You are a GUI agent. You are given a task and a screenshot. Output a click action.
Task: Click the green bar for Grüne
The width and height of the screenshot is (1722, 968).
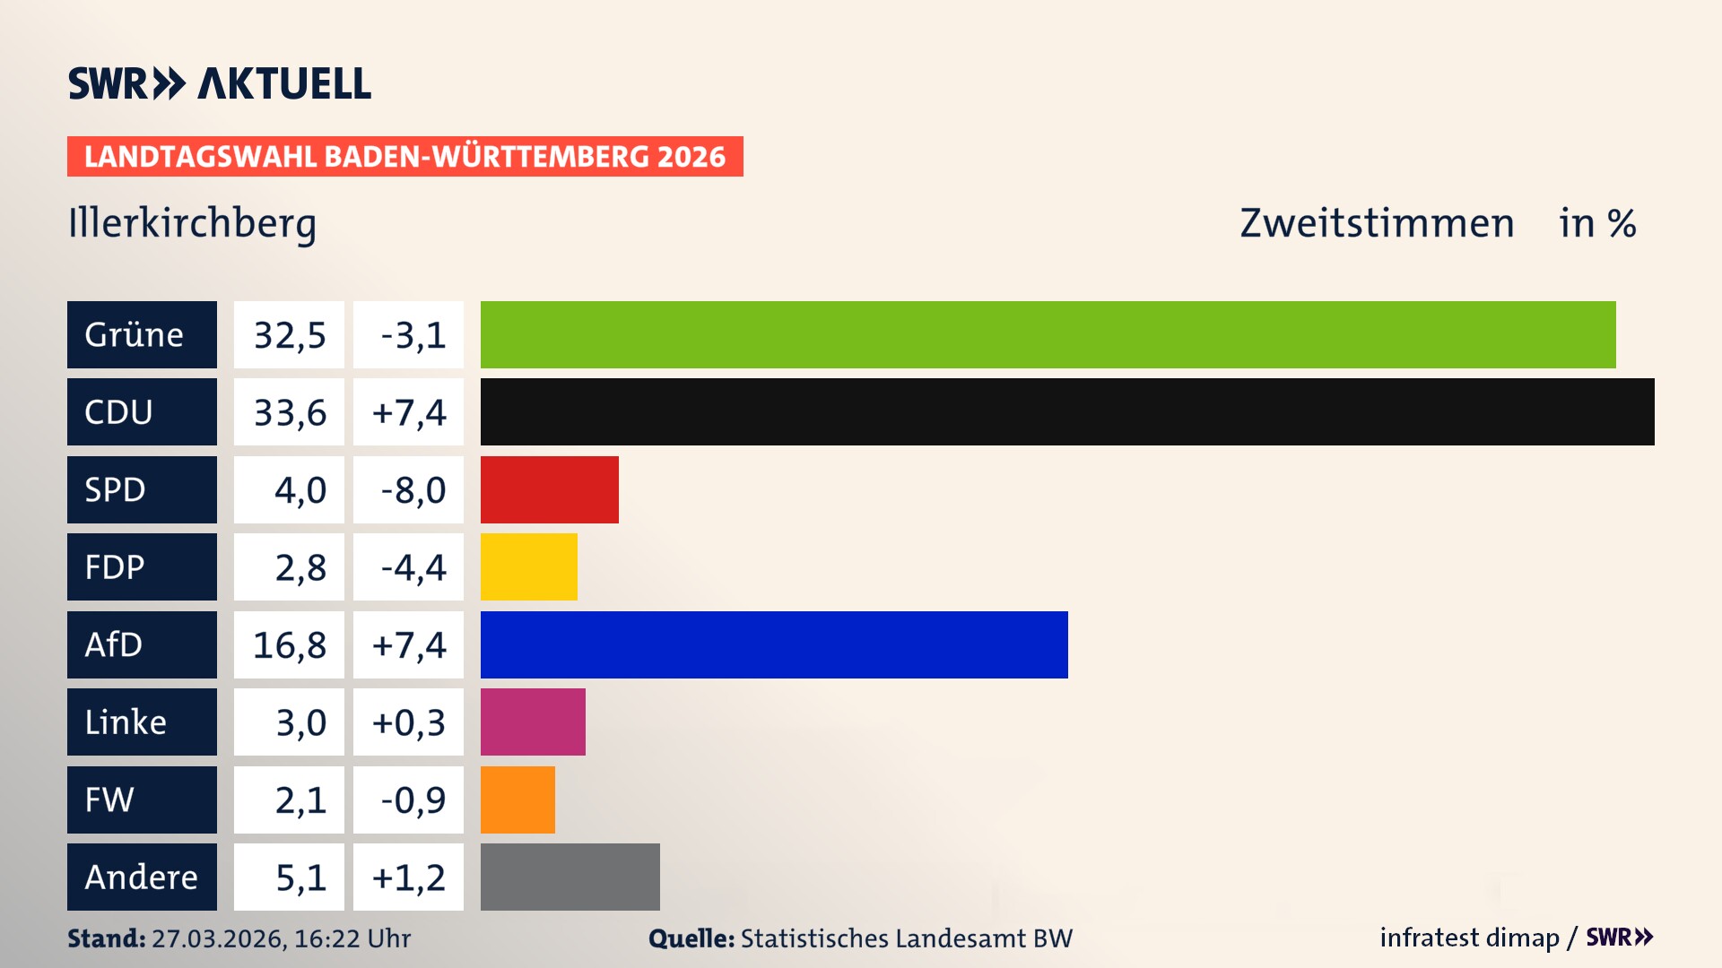pyautogui.click(x=1048, y=334)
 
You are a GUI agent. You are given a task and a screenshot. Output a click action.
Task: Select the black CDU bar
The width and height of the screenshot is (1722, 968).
pyautogui.click(x=1067, y=411)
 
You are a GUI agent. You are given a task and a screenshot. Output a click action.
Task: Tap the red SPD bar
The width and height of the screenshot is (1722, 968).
pyautogui.click(x=549, y=489)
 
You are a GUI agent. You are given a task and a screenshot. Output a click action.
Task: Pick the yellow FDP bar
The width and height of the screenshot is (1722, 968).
pyautogui.click(x=528, y=566)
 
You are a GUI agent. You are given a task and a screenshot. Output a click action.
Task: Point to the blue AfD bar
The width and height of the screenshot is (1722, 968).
pyautogui.click(x=774, y=644)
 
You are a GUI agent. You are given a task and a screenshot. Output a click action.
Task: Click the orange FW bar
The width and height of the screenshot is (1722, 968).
pyautogui.click(x=517, y=799)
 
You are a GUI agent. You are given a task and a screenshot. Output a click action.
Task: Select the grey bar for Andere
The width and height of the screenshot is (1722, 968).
pyautogui.click(x=570, y=877)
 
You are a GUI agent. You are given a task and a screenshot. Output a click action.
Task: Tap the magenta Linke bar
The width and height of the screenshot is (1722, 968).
pyautogui.click(x=533, y=722)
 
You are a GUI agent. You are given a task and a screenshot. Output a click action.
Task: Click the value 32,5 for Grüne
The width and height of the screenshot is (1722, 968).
pyautogui.click(x=289, y=335)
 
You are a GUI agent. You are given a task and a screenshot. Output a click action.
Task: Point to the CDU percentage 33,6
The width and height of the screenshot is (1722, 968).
pyautogui.click(x=289, y=412)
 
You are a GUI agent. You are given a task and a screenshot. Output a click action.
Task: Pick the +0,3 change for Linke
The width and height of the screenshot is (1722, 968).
pyautogui.click(x=409, y=722)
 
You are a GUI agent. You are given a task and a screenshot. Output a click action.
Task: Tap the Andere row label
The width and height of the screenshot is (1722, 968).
pyautogui.click(x=142, y=877)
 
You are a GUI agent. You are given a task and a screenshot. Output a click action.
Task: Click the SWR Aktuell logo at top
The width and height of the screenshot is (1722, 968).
pyautogui.click(x=220, y=83)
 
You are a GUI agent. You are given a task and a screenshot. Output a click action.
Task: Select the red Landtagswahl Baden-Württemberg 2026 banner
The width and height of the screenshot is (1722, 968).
pyautogui.click(x=404, y=157)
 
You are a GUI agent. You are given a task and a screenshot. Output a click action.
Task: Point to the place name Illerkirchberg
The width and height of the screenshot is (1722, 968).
pyautogui.click(x=192, y=223)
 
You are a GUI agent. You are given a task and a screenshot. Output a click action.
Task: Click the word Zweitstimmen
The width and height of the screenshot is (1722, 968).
pyautogui.click(x=1377, y=223)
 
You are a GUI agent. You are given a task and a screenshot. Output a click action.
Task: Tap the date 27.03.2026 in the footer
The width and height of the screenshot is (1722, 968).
pyautogui.click(x=218, y=938)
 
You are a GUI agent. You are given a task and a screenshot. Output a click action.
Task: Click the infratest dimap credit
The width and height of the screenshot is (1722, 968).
pyautogui.click(x=1468, y=938)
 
